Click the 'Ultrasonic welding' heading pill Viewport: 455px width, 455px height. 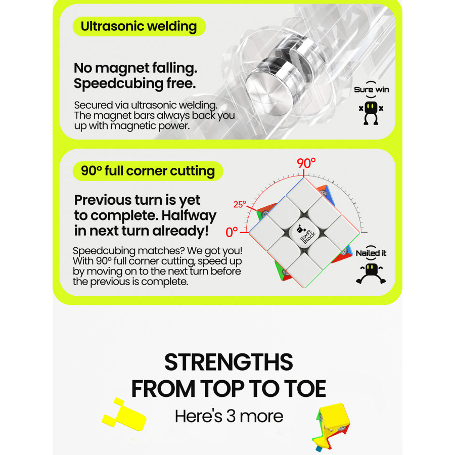tap(139, 26)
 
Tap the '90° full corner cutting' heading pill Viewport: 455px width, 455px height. tap(148, 171)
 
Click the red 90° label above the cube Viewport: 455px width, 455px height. tap(306, 163)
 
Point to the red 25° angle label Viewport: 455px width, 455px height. tap(240, 204)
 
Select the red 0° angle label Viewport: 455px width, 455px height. tap(232, 232)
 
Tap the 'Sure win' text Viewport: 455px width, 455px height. tap(372, 89)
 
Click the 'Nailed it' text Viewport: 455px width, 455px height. tap(371, 253)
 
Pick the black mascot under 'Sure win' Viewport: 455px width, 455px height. tap(371, 113)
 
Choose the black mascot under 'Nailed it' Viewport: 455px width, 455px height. tap(371, 274)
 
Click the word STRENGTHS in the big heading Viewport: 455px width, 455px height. tap(229, 362)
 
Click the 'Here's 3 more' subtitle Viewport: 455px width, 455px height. tap(229, 416)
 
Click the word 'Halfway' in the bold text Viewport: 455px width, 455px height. tap(189, 215)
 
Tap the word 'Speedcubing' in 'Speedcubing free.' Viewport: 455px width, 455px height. tap(118, 84)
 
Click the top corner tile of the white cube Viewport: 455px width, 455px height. tap(303, 195)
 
